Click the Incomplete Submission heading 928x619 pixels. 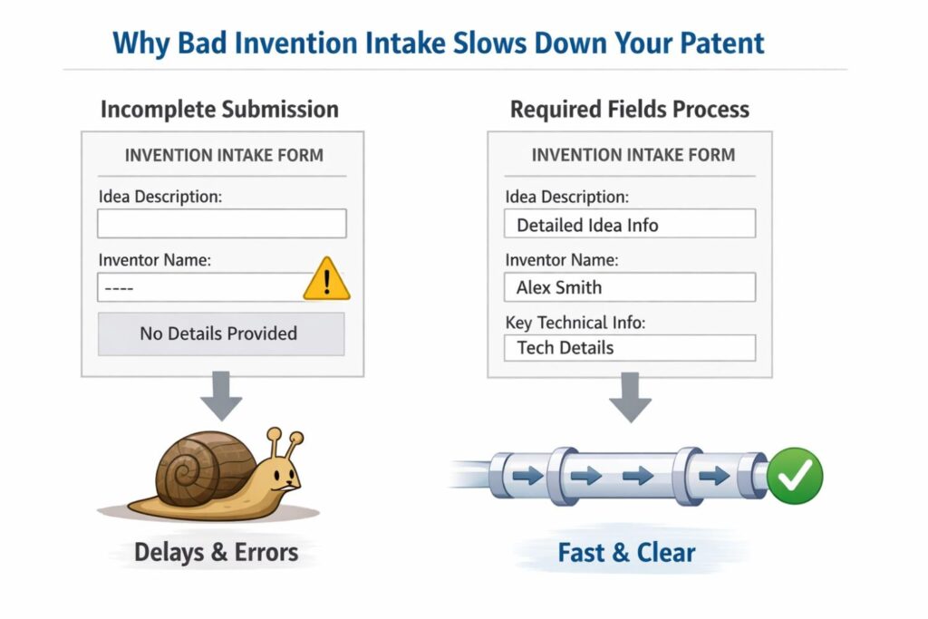[x=219, y=110]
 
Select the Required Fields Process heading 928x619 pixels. [x=630, y=110]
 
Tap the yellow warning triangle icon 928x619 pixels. [x=326, y=280]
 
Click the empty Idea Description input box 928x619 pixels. [x=222, y=224]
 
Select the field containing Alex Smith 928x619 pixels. [x=630, y=287]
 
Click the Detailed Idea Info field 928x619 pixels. [x=630, y=225]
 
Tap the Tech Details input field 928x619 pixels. [x=630, y=348]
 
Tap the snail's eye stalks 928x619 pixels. [x=282, y=445]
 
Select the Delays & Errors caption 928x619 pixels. [x=216, y=552]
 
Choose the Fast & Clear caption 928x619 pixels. [x=627, y=552]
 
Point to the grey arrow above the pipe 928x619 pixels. [x=630, y=397]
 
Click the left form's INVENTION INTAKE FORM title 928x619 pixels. [x=224, y=155]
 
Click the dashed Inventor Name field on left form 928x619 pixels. [x=199, y=288]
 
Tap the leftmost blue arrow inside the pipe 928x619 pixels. [x=527, y=476]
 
